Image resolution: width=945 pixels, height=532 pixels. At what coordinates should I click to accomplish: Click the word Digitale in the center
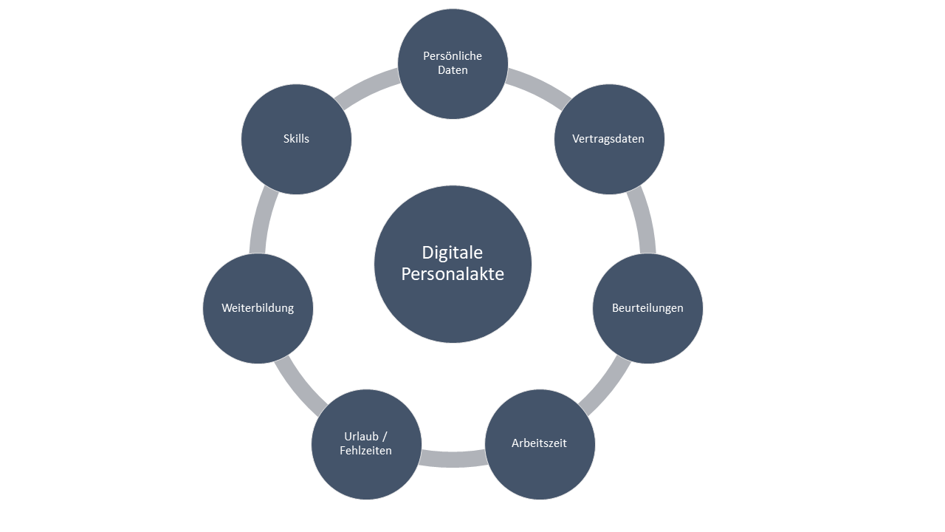(x=453, y=253)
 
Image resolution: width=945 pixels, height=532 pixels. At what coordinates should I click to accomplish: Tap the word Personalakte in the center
(x=453, y=274)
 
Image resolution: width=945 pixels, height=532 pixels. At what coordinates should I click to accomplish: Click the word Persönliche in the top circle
(x=453, y=56)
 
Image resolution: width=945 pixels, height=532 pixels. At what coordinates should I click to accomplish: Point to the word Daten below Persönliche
(x=453, y=70)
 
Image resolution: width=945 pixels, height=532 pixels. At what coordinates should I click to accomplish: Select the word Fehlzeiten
(x=366, y=450)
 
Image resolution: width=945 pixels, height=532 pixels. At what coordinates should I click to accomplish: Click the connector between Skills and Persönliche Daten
(x=368, y=88)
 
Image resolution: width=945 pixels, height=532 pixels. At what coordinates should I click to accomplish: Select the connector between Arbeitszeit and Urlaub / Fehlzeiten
(x=453, y=459)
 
